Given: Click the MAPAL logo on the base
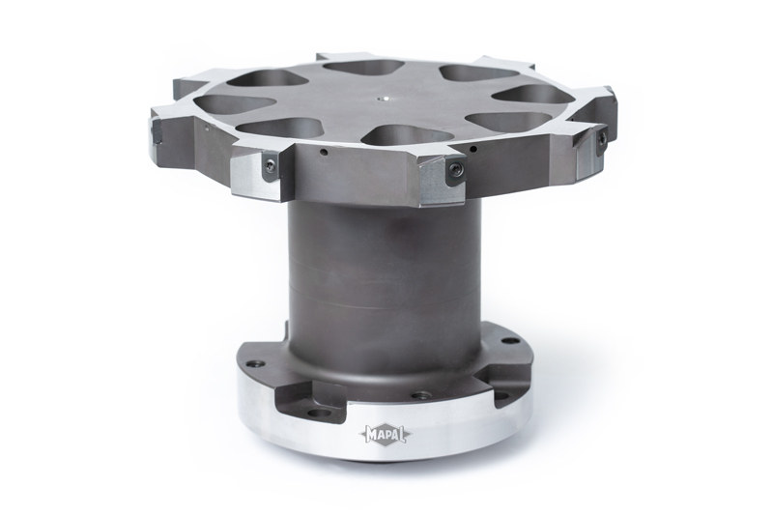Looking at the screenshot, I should [385, 435].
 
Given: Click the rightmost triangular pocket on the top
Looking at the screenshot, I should [534, 94].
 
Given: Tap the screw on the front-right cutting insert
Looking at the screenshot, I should [455, 170].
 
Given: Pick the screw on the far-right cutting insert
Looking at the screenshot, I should [601, 142].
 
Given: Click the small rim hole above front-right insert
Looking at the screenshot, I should [475, 149].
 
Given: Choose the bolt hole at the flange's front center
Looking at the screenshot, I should [421, 395].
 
